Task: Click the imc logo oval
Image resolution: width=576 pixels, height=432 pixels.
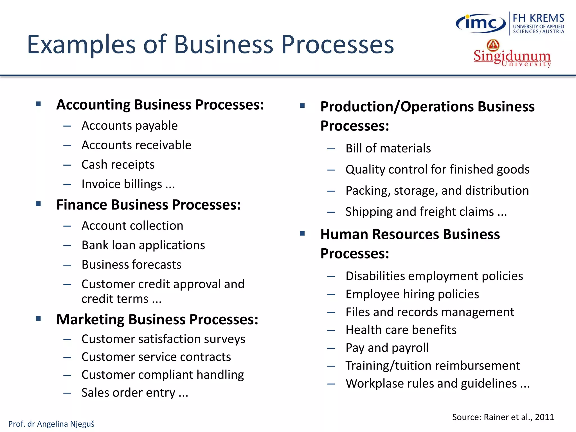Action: pyautogui.click(x=481, y=24)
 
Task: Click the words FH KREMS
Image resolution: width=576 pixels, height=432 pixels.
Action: pyautogui.click(x=538, y=18)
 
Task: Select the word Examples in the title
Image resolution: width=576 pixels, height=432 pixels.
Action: pyautogui.click(x=82, y=45)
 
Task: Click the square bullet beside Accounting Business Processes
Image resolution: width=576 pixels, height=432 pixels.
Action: pyautogui.click(x=39, y=104)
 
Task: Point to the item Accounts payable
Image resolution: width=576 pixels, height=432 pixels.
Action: pyautogui.click(x=129, y=126)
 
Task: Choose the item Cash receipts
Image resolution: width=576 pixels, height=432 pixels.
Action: pyautogui.click(x=118, y=165)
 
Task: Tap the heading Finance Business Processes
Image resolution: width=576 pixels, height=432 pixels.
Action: pyautogui.click(x=148, y=205)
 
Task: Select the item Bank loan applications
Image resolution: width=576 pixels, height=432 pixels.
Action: pyautogui.click(x=143, y=245)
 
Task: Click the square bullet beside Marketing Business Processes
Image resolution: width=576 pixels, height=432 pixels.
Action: pyautogui.click(x=39, y=319)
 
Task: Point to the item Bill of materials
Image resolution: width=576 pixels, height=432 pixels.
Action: pyautogui.click(x=388, y=148)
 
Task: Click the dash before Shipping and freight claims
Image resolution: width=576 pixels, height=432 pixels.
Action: pyautogui.click(x=331, y=212)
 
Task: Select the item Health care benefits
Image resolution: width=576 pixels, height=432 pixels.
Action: pyautogui.click(x=401, y=330)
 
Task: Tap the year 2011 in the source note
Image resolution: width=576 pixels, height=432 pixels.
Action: pyautogui.click(x=544, y=417)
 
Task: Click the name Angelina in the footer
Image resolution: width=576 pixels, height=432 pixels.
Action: pyautogui.click(x=53, y=424)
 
